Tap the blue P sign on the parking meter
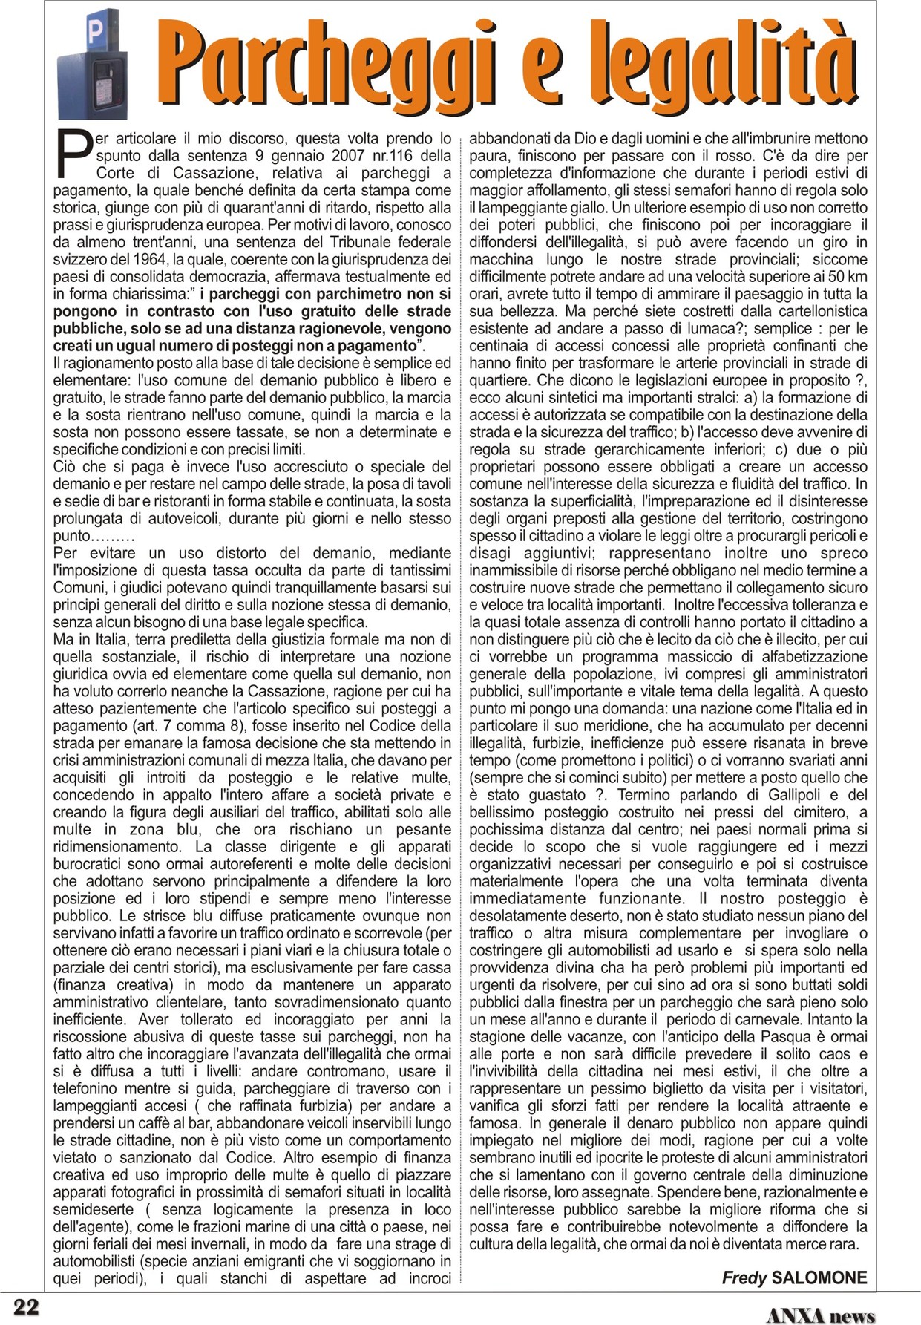tap(94, 31)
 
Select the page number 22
tap(26, 1306)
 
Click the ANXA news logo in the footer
tap(820, 1315)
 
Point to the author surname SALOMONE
tap(819, 1277)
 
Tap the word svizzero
tap(79, 260)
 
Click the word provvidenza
tap(508, 968)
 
